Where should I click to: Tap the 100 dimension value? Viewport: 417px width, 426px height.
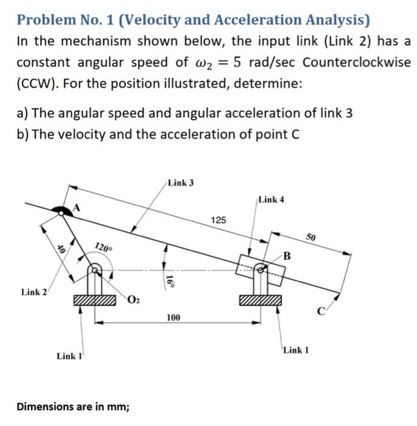pos(174,318)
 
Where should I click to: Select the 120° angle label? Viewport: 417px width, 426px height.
pos(103,247)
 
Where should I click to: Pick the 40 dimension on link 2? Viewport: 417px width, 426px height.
pos(60,248)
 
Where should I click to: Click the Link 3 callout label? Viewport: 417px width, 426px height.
pos(180,183)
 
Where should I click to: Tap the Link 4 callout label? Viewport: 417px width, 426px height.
pos(270,199)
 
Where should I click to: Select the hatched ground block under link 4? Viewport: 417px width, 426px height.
pos(261,300)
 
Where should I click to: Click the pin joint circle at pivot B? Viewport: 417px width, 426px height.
pos(260,268)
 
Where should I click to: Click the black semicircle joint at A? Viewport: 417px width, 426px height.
pos(61,211)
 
